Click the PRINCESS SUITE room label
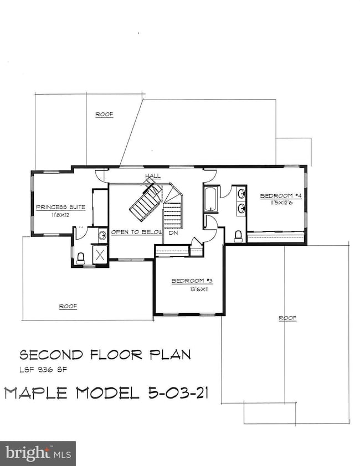pyautogui.click(x=60, y=207)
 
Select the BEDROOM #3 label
pyautogui.click(x=192, y=281)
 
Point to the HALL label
pyautogui.click(x=153, y=176)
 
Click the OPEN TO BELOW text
pyautogui.click(x=136, y=232)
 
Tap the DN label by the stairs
pyautogui.click(x=173, y=233)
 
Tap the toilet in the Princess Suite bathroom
pyautogui.click(x=81, y=257)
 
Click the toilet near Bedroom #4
pyautogui.click(x=239, y=236)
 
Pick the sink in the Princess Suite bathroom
pyautogui.click(x=102, y=235)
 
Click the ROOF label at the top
pyautogui.click(x=104, y=115)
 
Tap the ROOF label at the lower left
pyautogui.click(x=68, y=306)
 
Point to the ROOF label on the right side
pyautogui.click(x=287, y=318)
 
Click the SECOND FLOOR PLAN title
pyautogui.click(x=105, y=354)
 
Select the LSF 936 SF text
pyautogui.click(x=44, y=369)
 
